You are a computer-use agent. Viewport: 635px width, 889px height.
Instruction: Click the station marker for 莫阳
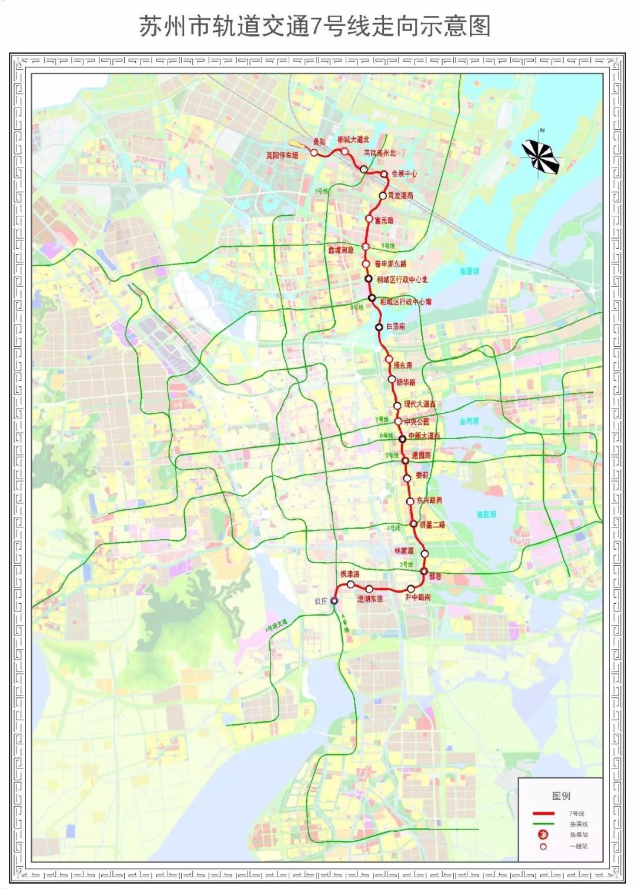(314, 153)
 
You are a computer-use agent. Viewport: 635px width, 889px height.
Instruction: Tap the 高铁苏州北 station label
(380, 153)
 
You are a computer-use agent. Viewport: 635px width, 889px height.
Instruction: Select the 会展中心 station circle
(385, 174)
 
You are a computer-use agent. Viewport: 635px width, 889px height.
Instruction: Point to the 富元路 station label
(384, 220)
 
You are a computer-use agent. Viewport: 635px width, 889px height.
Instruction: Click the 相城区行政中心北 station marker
(369, 279)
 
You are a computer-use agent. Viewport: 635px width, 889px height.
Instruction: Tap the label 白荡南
(396, 326)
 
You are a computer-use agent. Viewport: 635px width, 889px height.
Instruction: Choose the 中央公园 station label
(416, 422)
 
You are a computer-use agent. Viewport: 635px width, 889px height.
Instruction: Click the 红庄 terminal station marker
(334, 600)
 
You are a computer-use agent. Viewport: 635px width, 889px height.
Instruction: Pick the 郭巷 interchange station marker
(423, 571)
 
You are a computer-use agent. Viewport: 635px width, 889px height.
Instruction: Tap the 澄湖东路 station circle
(369, 589)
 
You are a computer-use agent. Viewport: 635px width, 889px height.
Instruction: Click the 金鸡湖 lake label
(469, 421)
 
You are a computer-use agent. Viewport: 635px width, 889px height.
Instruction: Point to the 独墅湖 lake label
(486, 514)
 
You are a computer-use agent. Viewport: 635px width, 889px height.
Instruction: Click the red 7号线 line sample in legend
(543, 814)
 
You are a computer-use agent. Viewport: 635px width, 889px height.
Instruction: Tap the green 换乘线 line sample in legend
(543, 824)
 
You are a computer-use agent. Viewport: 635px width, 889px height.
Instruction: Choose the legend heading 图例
(561, 796)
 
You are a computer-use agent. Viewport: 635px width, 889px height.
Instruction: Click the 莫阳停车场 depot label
(282, 156)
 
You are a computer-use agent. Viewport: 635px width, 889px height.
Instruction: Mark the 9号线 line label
(388, 246)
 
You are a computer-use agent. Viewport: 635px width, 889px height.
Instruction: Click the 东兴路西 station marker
(410, 502)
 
